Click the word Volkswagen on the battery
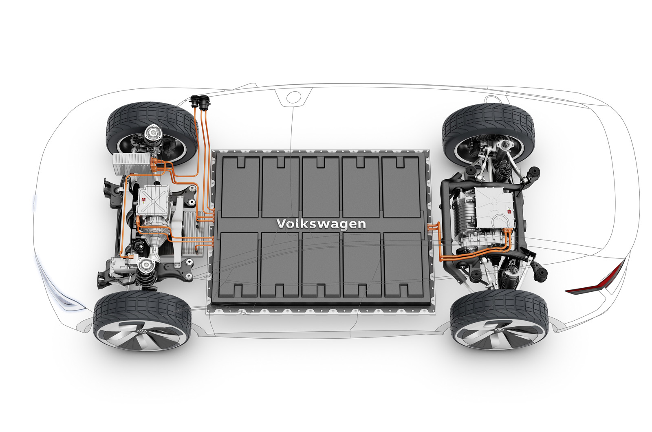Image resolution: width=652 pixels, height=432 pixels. click(321, 224)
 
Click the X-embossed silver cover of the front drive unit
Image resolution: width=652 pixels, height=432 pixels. click(153, 200)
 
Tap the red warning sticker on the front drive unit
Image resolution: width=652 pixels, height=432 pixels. click(143, 199)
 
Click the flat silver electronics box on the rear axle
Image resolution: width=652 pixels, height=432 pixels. click(493, 207)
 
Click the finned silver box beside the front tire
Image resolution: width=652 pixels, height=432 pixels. click(133, 164)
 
